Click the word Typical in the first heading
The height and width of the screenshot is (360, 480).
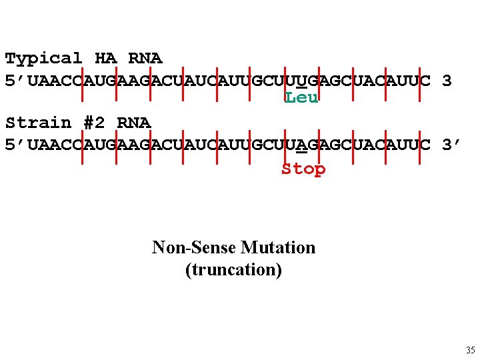click(43, 59)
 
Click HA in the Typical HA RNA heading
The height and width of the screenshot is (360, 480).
click(105, 59)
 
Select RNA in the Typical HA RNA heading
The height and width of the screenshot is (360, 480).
click(145, 59)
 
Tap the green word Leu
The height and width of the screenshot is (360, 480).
click(301, 98)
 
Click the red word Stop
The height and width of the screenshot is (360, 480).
click(303, 169)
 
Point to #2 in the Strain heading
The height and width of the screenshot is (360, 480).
click(94, 123)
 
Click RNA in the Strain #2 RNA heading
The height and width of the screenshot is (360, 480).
click(133, 123)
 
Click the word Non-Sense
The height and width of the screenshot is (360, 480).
click(194, 248)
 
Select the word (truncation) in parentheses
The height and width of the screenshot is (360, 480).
click(233, 270)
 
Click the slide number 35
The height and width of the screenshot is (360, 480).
click(471, 350)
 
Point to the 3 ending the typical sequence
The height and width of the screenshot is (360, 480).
click(447, 81)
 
